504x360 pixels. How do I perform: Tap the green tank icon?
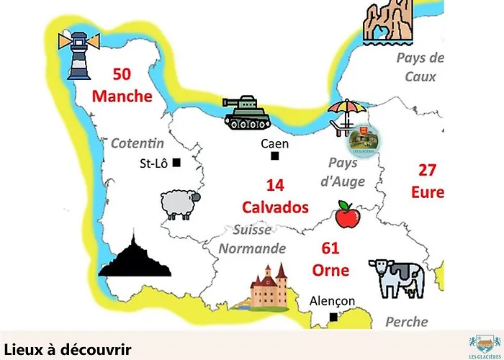pos(246,113)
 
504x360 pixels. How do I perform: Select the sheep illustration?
pos(179,204)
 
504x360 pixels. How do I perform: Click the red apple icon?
pos(348,215)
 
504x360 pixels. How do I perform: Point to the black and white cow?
pos(397,278)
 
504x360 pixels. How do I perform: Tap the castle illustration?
pos(268,287)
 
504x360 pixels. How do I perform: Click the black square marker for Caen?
pos(274,156)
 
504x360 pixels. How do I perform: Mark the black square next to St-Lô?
pos(176,163)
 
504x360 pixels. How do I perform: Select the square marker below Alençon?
pos(333,317)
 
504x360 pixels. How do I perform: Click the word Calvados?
pos(275,207)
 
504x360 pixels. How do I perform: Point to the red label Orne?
pos(330,270)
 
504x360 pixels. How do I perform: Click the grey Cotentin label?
pos(138,143)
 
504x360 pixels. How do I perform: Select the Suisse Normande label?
pos(252,239)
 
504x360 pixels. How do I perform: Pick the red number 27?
pos(428,170)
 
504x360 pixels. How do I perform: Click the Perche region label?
pos(406,321)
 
